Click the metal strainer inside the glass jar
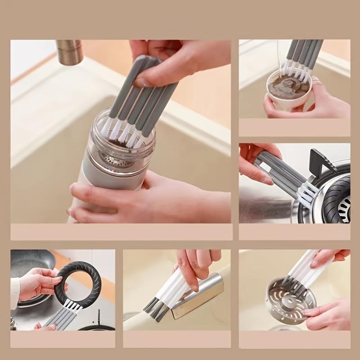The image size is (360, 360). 117,160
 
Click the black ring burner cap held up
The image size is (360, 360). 78,282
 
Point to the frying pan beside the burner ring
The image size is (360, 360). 31,265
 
